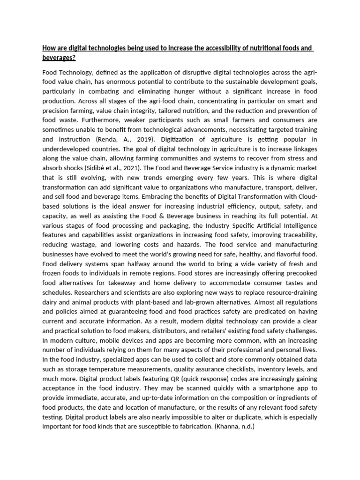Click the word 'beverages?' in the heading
tap(59, 57)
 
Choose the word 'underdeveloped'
tap(66, 149)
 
